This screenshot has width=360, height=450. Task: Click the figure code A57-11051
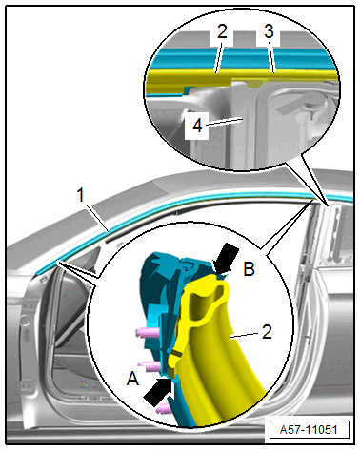click(309, 430)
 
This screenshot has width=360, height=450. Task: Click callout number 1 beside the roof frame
click(81, 194)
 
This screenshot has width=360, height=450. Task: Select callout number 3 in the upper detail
click(269, 31)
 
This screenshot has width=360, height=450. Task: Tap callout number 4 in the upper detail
click(197, 126)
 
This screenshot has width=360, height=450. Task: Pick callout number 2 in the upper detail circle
click(222, 31)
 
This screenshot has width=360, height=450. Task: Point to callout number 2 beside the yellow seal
click(267, 332)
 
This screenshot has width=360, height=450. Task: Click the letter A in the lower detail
click(132, 379)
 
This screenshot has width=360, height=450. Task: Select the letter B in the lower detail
click(249, 269)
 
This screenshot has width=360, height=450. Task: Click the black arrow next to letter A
click(158, 392)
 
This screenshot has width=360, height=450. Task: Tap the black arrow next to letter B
click(226, 258)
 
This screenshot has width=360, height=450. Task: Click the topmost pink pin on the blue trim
click(147, 333)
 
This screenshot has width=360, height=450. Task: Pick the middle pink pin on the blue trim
click(150, 366)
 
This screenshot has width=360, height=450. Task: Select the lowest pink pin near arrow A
click(165, 409)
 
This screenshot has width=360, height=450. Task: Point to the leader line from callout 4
click(223, 122)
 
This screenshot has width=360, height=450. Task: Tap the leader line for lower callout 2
click(246, 335)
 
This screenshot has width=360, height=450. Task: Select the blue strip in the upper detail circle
click(241, 59)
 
